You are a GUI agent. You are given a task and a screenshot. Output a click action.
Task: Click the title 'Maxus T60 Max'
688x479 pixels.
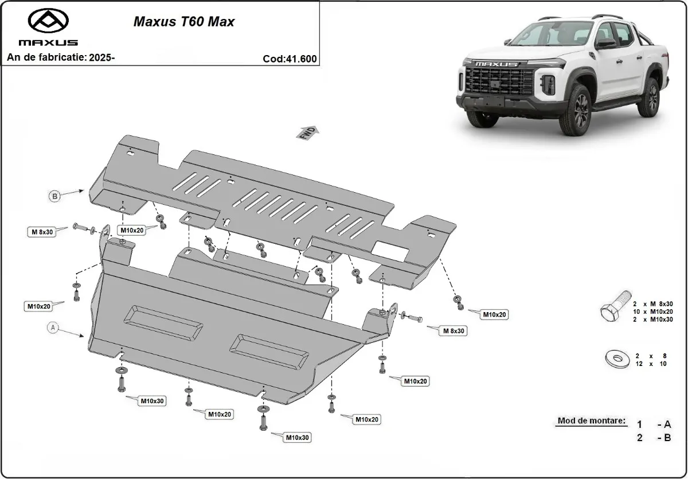point(183,22)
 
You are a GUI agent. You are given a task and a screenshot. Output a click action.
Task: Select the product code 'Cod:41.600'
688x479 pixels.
point(290,58)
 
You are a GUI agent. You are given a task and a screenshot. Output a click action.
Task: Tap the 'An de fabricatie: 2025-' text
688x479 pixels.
point(61,57)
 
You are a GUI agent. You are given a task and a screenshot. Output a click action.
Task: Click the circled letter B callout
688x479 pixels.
point(54,196)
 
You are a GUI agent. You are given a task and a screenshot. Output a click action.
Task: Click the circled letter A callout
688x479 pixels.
point(53,328)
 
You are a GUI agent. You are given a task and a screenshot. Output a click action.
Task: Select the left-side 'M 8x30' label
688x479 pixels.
point(42,232)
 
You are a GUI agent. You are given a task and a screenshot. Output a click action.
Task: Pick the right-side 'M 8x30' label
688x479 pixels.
point(454,330)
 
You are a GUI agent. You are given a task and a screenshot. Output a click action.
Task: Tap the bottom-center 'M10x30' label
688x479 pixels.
point(298,438)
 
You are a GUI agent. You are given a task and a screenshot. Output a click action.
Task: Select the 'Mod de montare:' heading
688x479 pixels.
point(591,421)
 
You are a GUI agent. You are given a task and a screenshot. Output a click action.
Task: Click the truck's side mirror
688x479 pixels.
point(605,44)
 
